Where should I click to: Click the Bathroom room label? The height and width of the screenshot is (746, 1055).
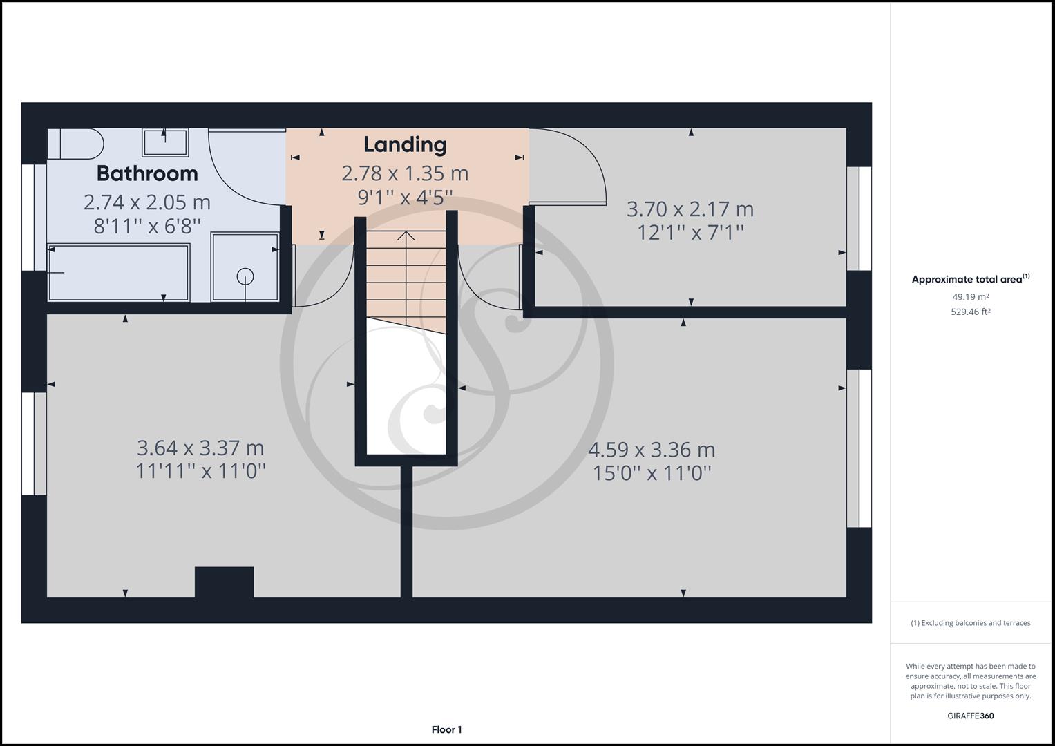click(147, 173)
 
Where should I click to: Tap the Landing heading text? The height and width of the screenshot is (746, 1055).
click(405, 144)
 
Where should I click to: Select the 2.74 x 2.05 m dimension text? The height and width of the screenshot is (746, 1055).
click(147, 202)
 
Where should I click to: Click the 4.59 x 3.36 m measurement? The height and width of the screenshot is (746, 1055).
click(652, 450)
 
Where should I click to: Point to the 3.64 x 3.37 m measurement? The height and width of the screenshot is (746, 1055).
click(200, 448)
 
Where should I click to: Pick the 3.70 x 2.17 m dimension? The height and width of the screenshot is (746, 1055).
click(690, 209)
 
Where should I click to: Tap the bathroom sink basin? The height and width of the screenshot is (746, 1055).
click(165, 142)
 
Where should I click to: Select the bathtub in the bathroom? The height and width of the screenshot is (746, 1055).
click(118, 273)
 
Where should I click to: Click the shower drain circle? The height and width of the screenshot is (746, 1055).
click(245, 276)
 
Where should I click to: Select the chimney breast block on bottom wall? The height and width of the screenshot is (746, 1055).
click(224, 582)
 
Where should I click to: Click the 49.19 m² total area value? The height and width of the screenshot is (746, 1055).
click(970, 297)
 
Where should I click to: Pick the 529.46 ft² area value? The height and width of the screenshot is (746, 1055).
click(970, 312)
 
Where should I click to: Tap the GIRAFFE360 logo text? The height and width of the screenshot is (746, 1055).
click(970, 716)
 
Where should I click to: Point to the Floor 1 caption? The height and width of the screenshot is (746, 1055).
click(446, 729)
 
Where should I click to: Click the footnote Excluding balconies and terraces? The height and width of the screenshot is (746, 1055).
click(970, 623)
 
